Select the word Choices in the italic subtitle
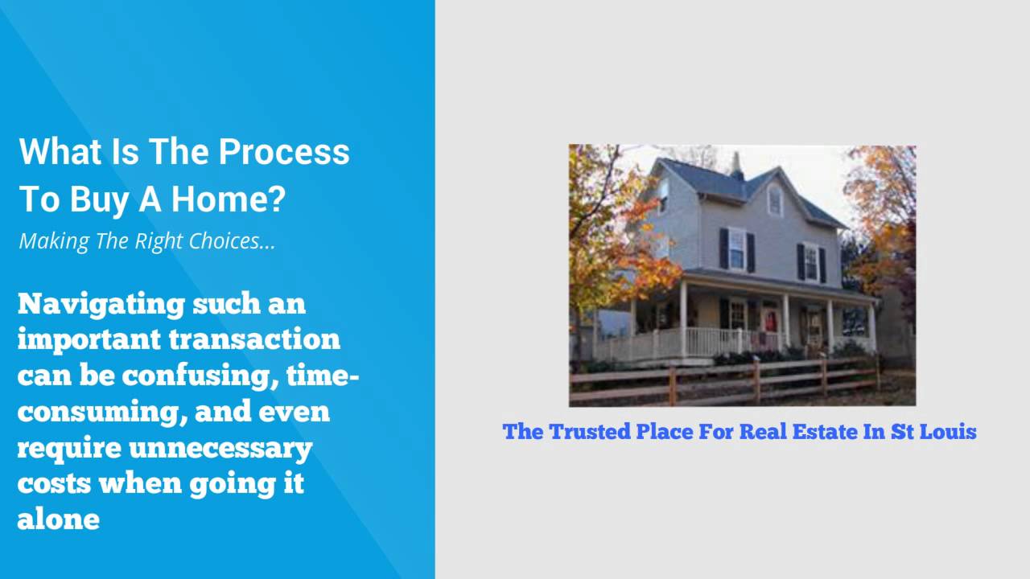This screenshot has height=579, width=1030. click(x=222, y=240)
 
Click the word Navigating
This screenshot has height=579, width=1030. click(x=100, y=304)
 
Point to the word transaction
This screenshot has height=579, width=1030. click(x=254, y=339)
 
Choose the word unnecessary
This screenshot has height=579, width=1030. click(x=220, y=447)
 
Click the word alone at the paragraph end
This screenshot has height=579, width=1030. click(x=58, y=519)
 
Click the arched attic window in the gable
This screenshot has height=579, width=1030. click(x=774, y=199)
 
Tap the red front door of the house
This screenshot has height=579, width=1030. click(x=770, y=322)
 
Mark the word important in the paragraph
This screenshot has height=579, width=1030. click(x=89, y=339)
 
